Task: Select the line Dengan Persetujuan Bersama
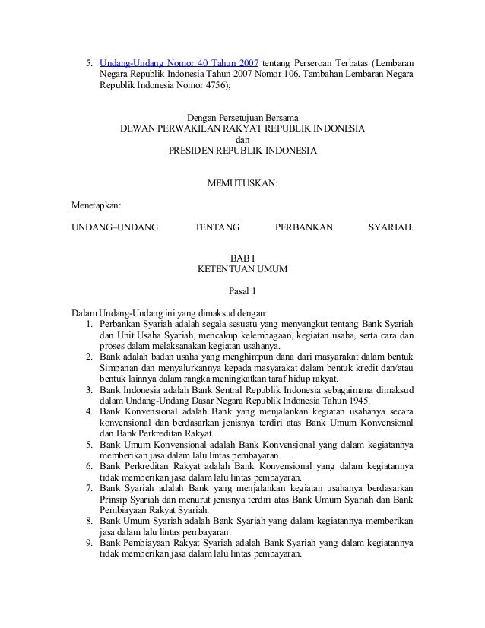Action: (x=242, y=118)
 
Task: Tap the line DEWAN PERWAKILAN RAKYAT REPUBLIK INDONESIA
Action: (x=242, y=129)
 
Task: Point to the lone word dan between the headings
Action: (x=242, y=140)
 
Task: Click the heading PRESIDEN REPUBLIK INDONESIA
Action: (x=242, y=151)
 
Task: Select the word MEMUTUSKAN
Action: (x=242, y=183)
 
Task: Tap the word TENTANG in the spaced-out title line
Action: (x=217, y=227)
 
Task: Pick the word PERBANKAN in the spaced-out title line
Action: (x=303, y=227)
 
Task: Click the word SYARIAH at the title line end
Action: (x=391, y=227)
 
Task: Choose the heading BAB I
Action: (x=242, y=258)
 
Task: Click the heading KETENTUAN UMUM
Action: (x=242, y=269)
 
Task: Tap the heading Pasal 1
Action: (x=242, y=291)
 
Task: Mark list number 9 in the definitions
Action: (x=90, y=543)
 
